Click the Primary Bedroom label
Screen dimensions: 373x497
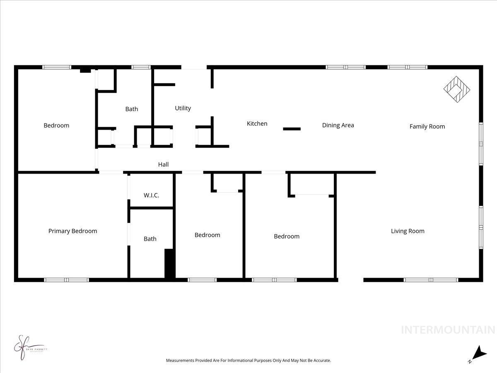72,231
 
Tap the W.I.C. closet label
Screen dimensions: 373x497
151,195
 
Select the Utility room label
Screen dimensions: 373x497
183,108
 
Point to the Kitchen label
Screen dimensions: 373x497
257,124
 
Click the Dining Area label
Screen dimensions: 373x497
338,125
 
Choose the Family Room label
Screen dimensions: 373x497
427,126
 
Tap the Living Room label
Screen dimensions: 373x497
408,231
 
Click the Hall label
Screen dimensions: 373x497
163,165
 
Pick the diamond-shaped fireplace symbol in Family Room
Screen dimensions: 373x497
457,89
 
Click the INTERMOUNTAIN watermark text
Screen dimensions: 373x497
448,330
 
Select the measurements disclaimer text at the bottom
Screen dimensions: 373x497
248,361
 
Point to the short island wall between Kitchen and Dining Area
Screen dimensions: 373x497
292,129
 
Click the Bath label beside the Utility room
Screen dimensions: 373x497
132,109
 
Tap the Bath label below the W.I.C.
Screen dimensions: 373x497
150,239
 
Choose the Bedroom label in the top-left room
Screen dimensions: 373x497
56,126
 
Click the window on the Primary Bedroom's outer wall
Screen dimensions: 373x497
67,280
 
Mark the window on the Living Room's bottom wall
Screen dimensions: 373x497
431,280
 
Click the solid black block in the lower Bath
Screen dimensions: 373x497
169,263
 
